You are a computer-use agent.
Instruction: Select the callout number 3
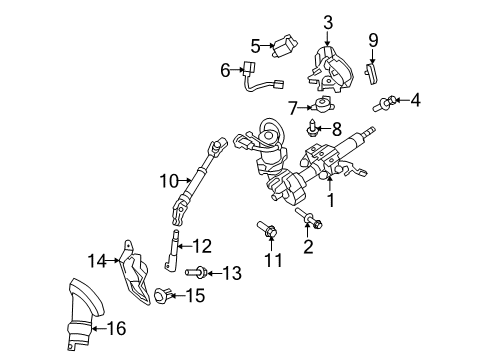point(327,21)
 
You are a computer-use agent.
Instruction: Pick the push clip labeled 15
point(163,294)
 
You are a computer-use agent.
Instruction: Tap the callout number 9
point(374,40)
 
